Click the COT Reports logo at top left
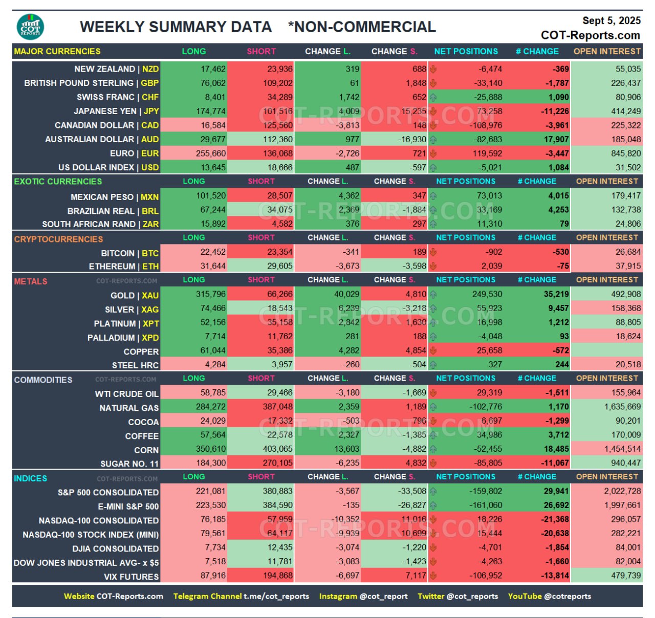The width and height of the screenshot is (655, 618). click(30, 27)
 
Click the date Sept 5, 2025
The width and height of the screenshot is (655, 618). click(611, 20)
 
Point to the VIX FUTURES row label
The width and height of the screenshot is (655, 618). click(131, 576)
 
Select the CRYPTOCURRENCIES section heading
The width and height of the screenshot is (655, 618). click(58, 239)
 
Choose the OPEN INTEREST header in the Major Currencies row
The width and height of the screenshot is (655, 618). click(607, 51)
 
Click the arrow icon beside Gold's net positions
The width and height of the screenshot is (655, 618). click(433, 294)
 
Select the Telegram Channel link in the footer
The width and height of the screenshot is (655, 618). click(241, 596)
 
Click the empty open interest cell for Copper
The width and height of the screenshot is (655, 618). click(606, 350)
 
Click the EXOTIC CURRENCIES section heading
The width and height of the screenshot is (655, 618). click(58, 181)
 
